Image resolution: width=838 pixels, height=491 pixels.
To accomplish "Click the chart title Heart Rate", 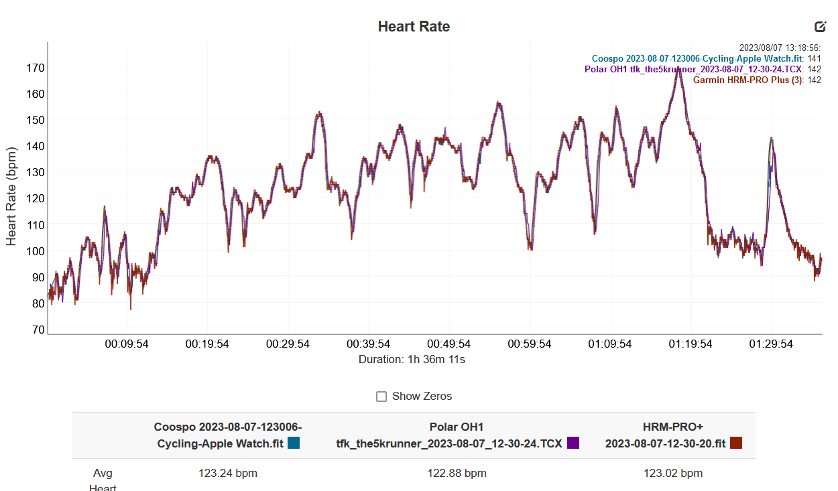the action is click(x=414, y=27).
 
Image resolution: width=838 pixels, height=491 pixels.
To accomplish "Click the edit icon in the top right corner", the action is click(x=820, y=27).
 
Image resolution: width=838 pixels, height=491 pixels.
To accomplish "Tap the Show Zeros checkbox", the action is click(x=381, y=397).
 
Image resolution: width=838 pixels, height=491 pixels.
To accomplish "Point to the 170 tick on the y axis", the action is click(x=35, y=68).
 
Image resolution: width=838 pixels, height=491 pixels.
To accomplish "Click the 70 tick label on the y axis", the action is click(x=38, y=330).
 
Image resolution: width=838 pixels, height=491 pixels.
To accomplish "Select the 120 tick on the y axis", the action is click(x=35, y=198).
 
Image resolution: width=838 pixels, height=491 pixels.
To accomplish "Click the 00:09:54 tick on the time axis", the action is click(x=127, y=344).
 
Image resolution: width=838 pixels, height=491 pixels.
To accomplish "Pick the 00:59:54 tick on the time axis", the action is click(x=530, y=344).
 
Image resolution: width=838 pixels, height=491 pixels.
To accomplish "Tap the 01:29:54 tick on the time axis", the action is click(x=771, y=344).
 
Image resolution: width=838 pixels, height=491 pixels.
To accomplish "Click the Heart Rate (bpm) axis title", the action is click(x=11, y=196).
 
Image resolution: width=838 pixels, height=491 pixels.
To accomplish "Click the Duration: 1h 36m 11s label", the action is click(x=412, y=360).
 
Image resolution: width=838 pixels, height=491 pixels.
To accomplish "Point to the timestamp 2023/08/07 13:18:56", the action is click(x=779, y=48).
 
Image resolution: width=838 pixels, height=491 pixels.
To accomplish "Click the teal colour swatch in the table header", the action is click(x=294, y=443).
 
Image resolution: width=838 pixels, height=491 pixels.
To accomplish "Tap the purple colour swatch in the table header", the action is click(x=573, y=443).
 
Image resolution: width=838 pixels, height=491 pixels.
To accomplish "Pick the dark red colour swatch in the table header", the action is click(x=736, y=443).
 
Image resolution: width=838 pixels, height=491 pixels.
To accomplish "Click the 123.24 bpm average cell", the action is click(x=228, y=474).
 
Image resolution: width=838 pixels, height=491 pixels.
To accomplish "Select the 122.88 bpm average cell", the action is click(x=457, y=474).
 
